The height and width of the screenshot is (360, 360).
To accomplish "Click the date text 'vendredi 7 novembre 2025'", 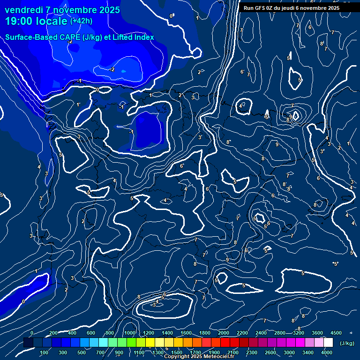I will pos(62,10).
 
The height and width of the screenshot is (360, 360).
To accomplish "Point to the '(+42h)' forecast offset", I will pos(81,21).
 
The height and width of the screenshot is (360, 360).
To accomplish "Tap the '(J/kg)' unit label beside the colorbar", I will pos(347,344).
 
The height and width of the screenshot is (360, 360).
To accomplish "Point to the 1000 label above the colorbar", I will pos(129,333).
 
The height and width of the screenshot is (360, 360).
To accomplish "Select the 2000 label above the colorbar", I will pos(223,333).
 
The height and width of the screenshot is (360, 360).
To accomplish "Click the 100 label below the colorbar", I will pos(44,352).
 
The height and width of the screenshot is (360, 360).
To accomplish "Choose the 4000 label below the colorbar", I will pos(327,352).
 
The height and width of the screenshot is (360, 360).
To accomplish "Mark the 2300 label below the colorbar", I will pos(251,352).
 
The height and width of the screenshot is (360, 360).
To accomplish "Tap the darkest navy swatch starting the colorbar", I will pos(28,343).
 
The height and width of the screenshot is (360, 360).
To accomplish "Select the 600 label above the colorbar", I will pos(91,333).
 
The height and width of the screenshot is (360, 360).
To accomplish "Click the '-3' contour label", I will pos(153,305).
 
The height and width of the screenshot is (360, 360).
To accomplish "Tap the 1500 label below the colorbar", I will pos(176,352).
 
